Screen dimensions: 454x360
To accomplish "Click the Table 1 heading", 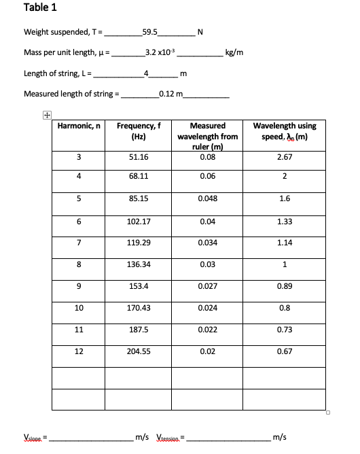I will (x=40, y=8).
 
